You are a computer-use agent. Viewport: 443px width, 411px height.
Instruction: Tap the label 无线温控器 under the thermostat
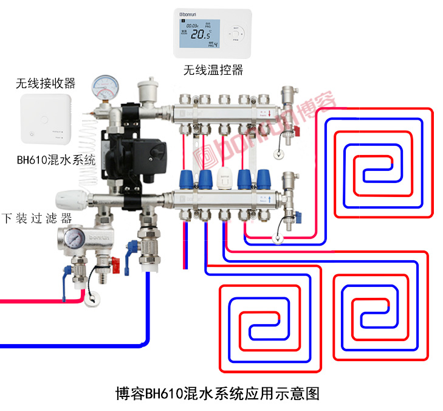pos(213,70)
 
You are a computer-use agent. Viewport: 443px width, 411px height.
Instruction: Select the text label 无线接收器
pos(46,83)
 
